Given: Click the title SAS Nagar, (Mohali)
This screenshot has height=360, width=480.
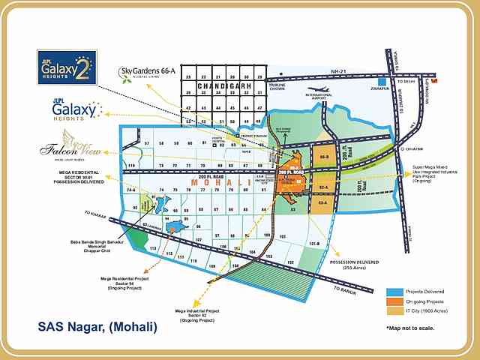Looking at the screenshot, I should tap(97, 327).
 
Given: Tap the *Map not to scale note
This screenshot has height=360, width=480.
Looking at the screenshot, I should tap(410, 328).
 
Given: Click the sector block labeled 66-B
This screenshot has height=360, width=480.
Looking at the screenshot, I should tap(323, 157).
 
